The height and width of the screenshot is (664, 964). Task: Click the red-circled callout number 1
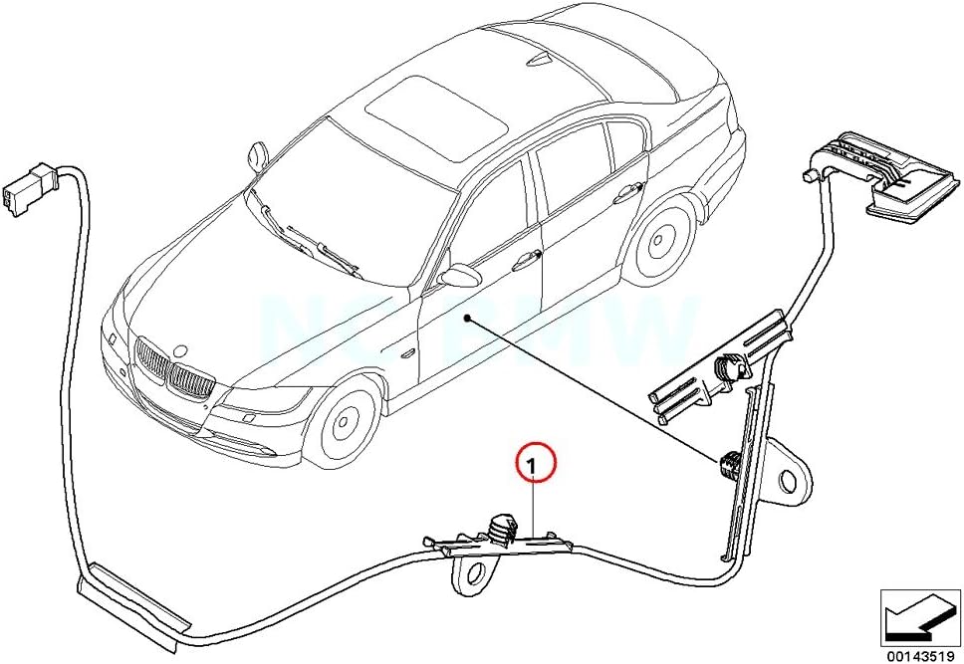pyautogui.click(x=533, y=465)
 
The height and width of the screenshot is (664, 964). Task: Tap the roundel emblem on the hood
pyautogui.click(x=179, y=350)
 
